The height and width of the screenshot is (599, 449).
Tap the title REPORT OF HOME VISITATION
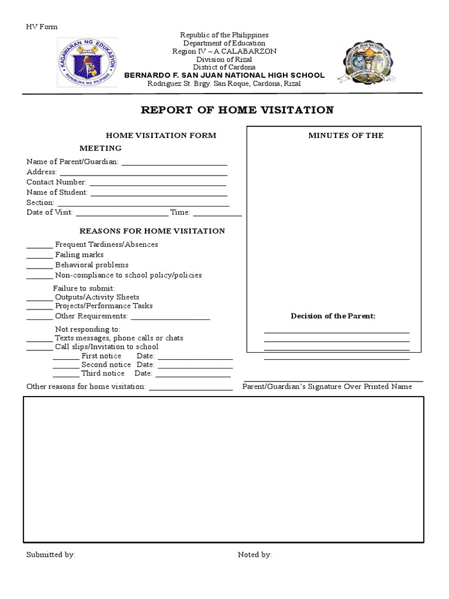(x=237, y=110)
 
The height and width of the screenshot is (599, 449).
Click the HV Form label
(x=42, y=27)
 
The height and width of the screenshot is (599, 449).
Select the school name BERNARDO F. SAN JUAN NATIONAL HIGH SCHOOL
(x=224, y=75)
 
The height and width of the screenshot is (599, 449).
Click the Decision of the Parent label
(x=333, y=316)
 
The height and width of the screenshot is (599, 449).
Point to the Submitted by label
(x=51, y=555)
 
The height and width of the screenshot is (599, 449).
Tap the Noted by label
(x=255, y=555)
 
